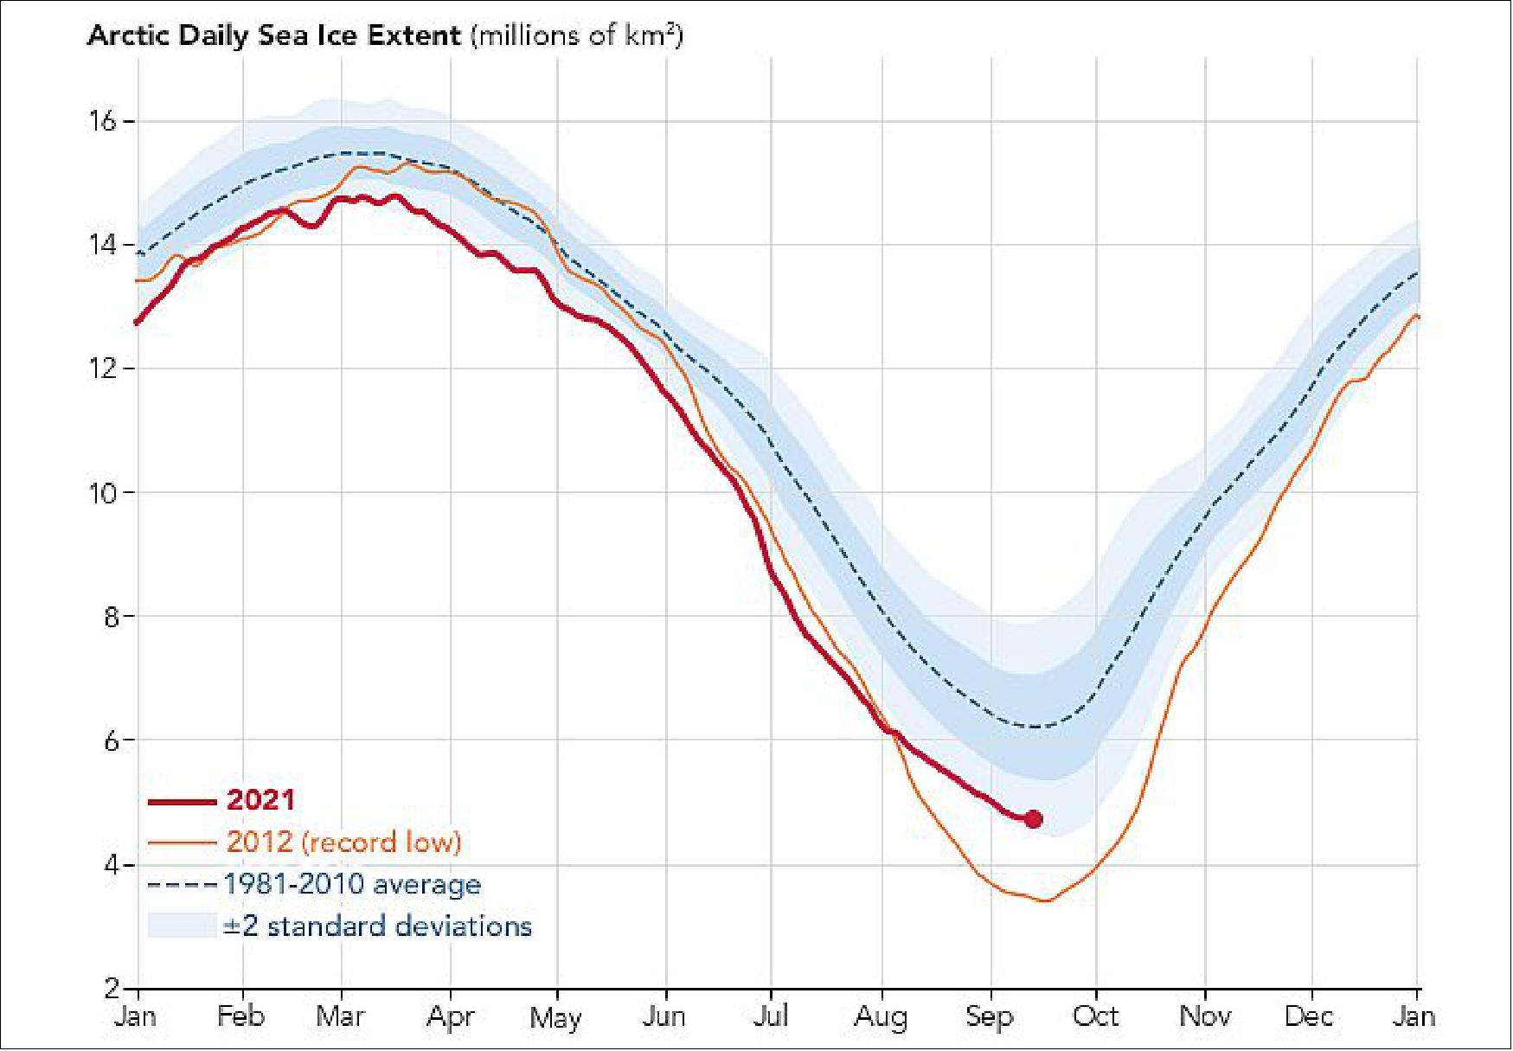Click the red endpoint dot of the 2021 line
(1033, 818)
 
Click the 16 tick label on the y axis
(102, 121)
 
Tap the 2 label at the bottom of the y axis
(112, 988)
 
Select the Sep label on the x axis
(989, 1016)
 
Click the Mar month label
(340, 1016)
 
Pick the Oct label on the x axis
(1095, 1016)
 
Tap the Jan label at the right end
(1414, 1016)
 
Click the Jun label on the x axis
(664, 1016)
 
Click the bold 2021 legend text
(260, 800)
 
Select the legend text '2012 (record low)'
(343, 842)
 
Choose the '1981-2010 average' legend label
(352, 884)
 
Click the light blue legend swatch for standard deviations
(182, 926)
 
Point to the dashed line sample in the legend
(182, 885)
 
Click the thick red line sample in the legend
(182, 802)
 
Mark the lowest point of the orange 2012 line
(1046, 900)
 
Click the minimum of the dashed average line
(1038, 726)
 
